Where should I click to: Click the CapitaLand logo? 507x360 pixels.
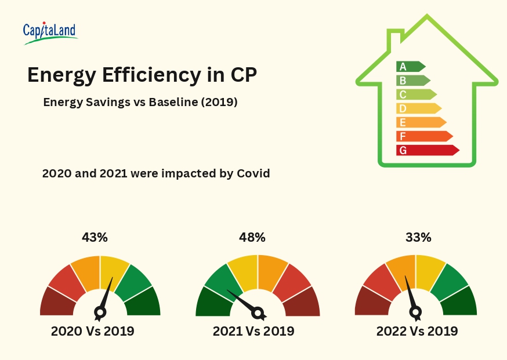point(50,33)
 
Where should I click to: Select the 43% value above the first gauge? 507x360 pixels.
point(95,237)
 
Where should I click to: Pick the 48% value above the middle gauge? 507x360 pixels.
point(252,237)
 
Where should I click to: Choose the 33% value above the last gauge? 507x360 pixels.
point(418,237)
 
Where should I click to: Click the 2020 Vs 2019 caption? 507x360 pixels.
point(93,332)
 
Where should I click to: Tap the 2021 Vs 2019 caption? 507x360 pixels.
point(253,332)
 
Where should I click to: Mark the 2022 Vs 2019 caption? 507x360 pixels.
point(417,332)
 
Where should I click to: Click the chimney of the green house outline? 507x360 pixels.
point(394,41)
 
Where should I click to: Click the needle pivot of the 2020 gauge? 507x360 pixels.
point(100,313)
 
